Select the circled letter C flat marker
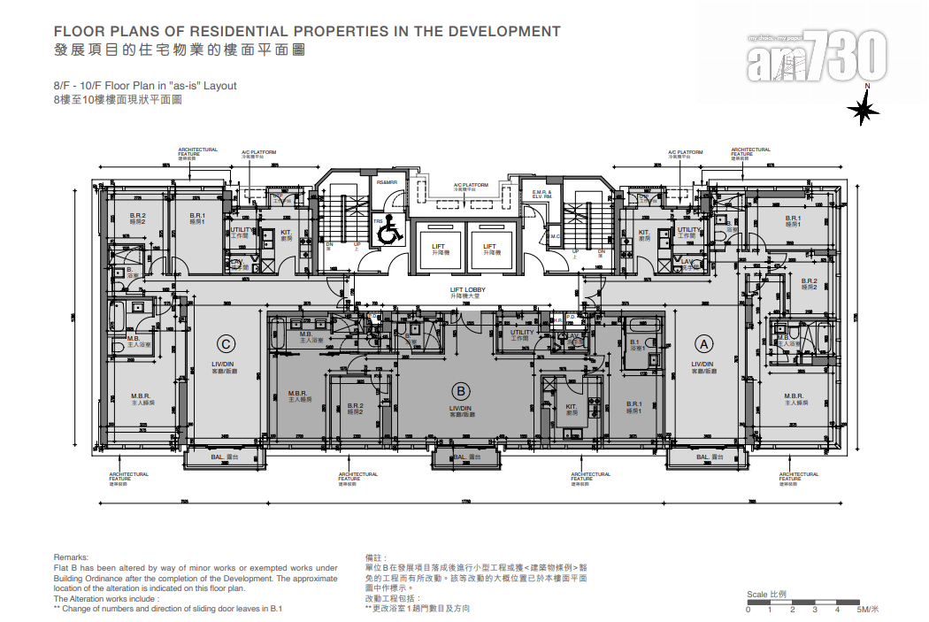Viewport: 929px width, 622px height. point(226,343)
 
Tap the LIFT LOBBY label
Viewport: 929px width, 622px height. point(467,290)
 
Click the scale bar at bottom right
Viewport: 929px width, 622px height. point(801,603)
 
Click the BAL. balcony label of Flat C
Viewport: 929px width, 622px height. point(224,457)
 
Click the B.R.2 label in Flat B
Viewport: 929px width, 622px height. point(356,407)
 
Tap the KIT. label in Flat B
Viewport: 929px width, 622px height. point(571,408)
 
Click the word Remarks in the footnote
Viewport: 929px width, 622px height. point(72,557)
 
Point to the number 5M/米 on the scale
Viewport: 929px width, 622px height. point(866,610)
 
